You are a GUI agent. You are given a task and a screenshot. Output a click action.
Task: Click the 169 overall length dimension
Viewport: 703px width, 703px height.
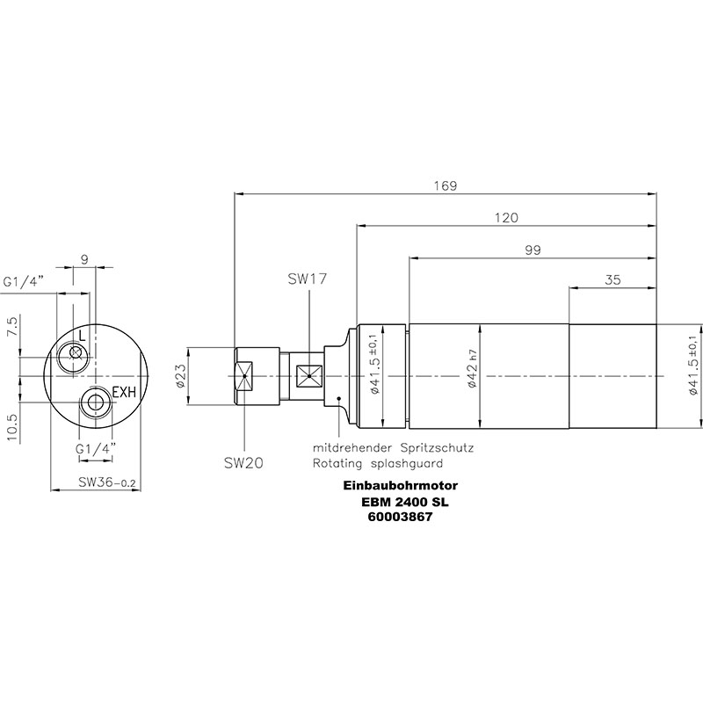[446, 185]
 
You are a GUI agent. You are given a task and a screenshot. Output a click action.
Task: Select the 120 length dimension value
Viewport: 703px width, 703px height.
[506, 218]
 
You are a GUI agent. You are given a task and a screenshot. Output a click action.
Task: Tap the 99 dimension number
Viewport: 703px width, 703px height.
[533, 250]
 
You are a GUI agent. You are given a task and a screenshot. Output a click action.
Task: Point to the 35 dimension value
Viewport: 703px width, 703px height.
[612, 279]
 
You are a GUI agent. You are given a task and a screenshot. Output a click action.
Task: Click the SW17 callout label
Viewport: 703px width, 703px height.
[308, 279]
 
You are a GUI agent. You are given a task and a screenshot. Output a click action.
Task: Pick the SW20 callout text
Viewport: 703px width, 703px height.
[243, 463]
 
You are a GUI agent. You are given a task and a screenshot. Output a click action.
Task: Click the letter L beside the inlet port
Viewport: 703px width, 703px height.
[82, 335]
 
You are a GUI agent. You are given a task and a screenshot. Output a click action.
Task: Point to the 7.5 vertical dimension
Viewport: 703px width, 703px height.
[12, 326]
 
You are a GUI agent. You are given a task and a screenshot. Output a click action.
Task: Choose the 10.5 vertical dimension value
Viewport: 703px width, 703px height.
[12, 427]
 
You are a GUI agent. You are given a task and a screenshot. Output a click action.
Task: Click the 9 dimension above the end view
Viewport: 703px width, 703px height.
[85, 259]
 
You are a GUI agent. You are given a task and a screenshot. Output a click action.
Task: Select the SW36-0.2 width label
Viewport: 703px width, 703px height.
[106, 482]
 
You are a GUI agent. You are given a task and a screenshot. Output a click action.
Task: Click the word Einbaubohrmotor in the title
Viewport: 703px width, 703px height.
[401, 486]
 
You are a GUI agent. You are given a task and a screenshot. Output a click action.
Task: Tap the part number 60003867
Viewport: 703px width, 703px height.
[400, 517]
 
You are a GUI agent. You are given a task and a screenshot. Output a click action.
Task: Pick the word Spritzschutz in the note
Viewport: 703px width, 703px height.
[437, 447]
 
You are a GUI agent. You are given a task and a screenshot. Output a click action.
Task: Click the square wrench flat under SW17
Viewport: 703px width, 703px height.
[309, 376]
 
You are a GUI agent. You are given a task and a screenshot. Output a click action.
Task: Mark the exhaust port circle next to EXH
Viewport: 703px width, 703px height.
[95, 390]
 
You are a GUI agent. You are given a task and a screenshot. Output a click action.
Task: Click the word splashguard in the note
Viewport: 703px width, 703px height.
[407, 463]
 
